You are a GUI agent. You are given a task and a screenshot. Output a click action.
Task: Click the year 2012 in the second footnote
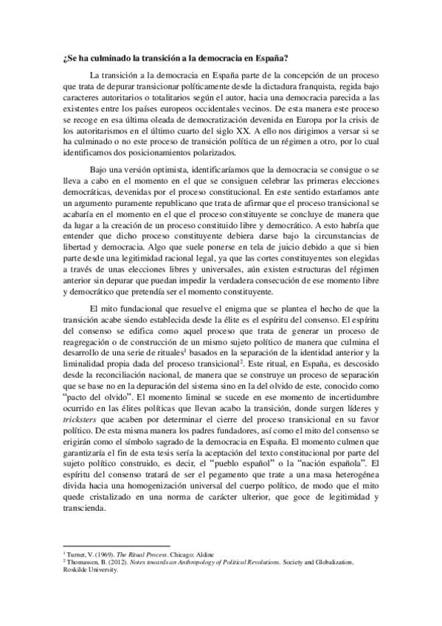(x=120, y=563)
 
